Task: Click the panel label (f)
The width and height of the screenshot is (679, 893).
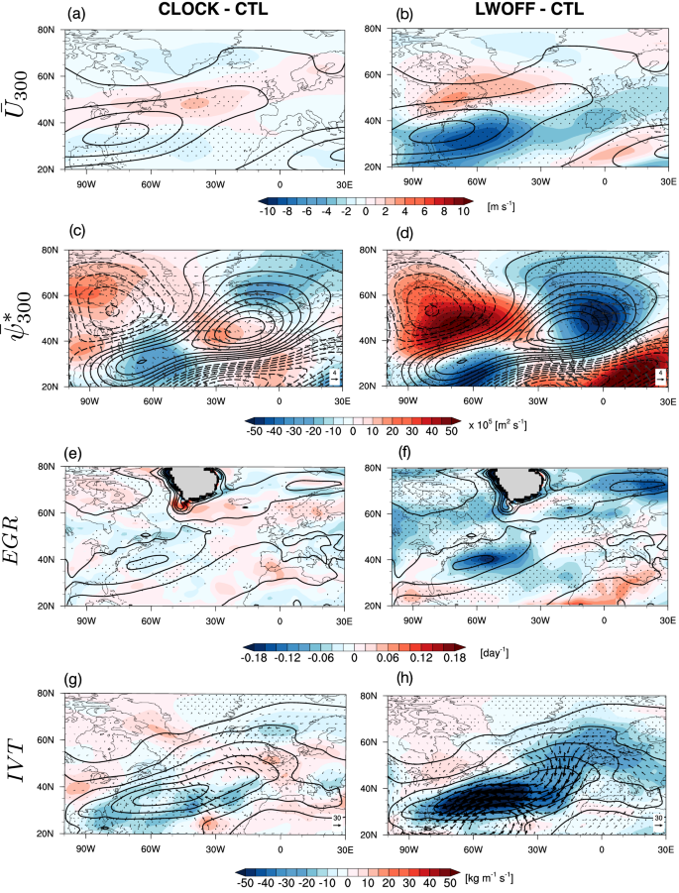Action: point(399,455)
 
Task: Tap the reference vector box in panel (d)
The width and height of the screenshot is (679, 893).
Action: point(659,377)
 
